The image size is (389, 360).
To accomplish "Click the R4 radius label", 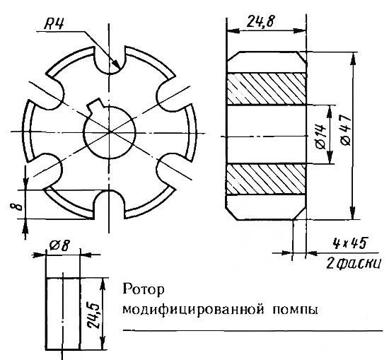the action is click(54, 24).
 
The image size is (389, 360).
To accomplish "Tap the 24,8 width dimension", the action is click(260, 22).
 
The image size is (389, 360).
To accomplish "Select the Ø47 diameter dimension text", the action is click(346, 130).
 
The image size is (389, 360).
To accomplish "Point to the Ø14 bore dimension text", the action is click(321, 136).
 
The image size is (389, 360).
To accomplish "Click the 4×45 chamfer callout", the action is click(349, 243).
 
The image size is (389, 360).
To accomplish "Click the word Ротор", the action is click(144, 289).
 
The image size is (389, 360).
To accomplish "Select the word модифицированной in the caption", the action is click(193, 310).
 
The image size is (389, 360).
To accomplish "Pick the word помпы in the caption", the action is click(295, 310).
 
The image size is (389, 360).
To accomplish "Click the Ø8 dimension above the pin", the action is click(59, 245).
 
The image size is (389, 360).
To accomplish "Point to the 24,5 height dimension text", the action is click(94, 315).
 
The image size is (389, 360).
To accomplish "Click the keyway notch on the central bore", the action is click(95, 105).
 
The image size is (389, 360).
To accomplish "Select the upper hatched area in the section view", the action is click(266, 88).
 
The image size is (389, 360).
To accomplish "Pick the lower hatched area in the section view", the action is click(266, 179).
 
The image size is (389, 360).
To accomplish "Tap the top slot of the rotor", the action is click(109, 60).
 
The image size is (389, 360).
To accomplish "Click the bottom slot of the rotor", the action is click(109, 204).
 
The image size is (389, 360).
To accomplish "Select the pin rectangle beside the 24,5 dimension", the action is click(63, 313).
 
